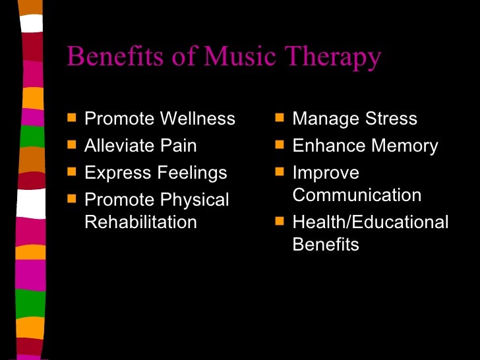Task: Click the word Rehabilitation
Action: coord(140,222)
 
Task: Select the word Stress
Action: coord(388,119)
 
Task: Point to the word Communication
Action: coord(357,196)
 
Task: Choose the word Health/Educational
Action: coord(370,222)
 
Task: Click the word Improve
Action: coord(326,173)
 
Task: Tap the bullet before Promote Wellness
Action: coord(71,118)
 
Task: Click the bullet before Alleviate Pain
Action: coord(71,145)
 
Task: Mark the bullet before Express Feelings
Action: coord(71,172)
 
